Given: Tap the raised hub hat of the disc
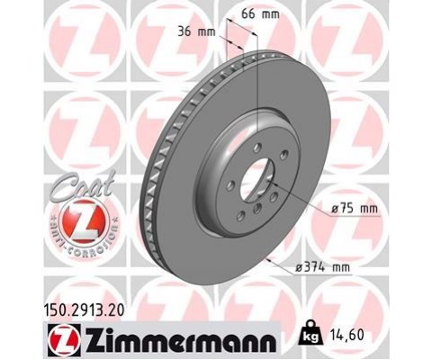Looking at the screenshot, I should point(225,175).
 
